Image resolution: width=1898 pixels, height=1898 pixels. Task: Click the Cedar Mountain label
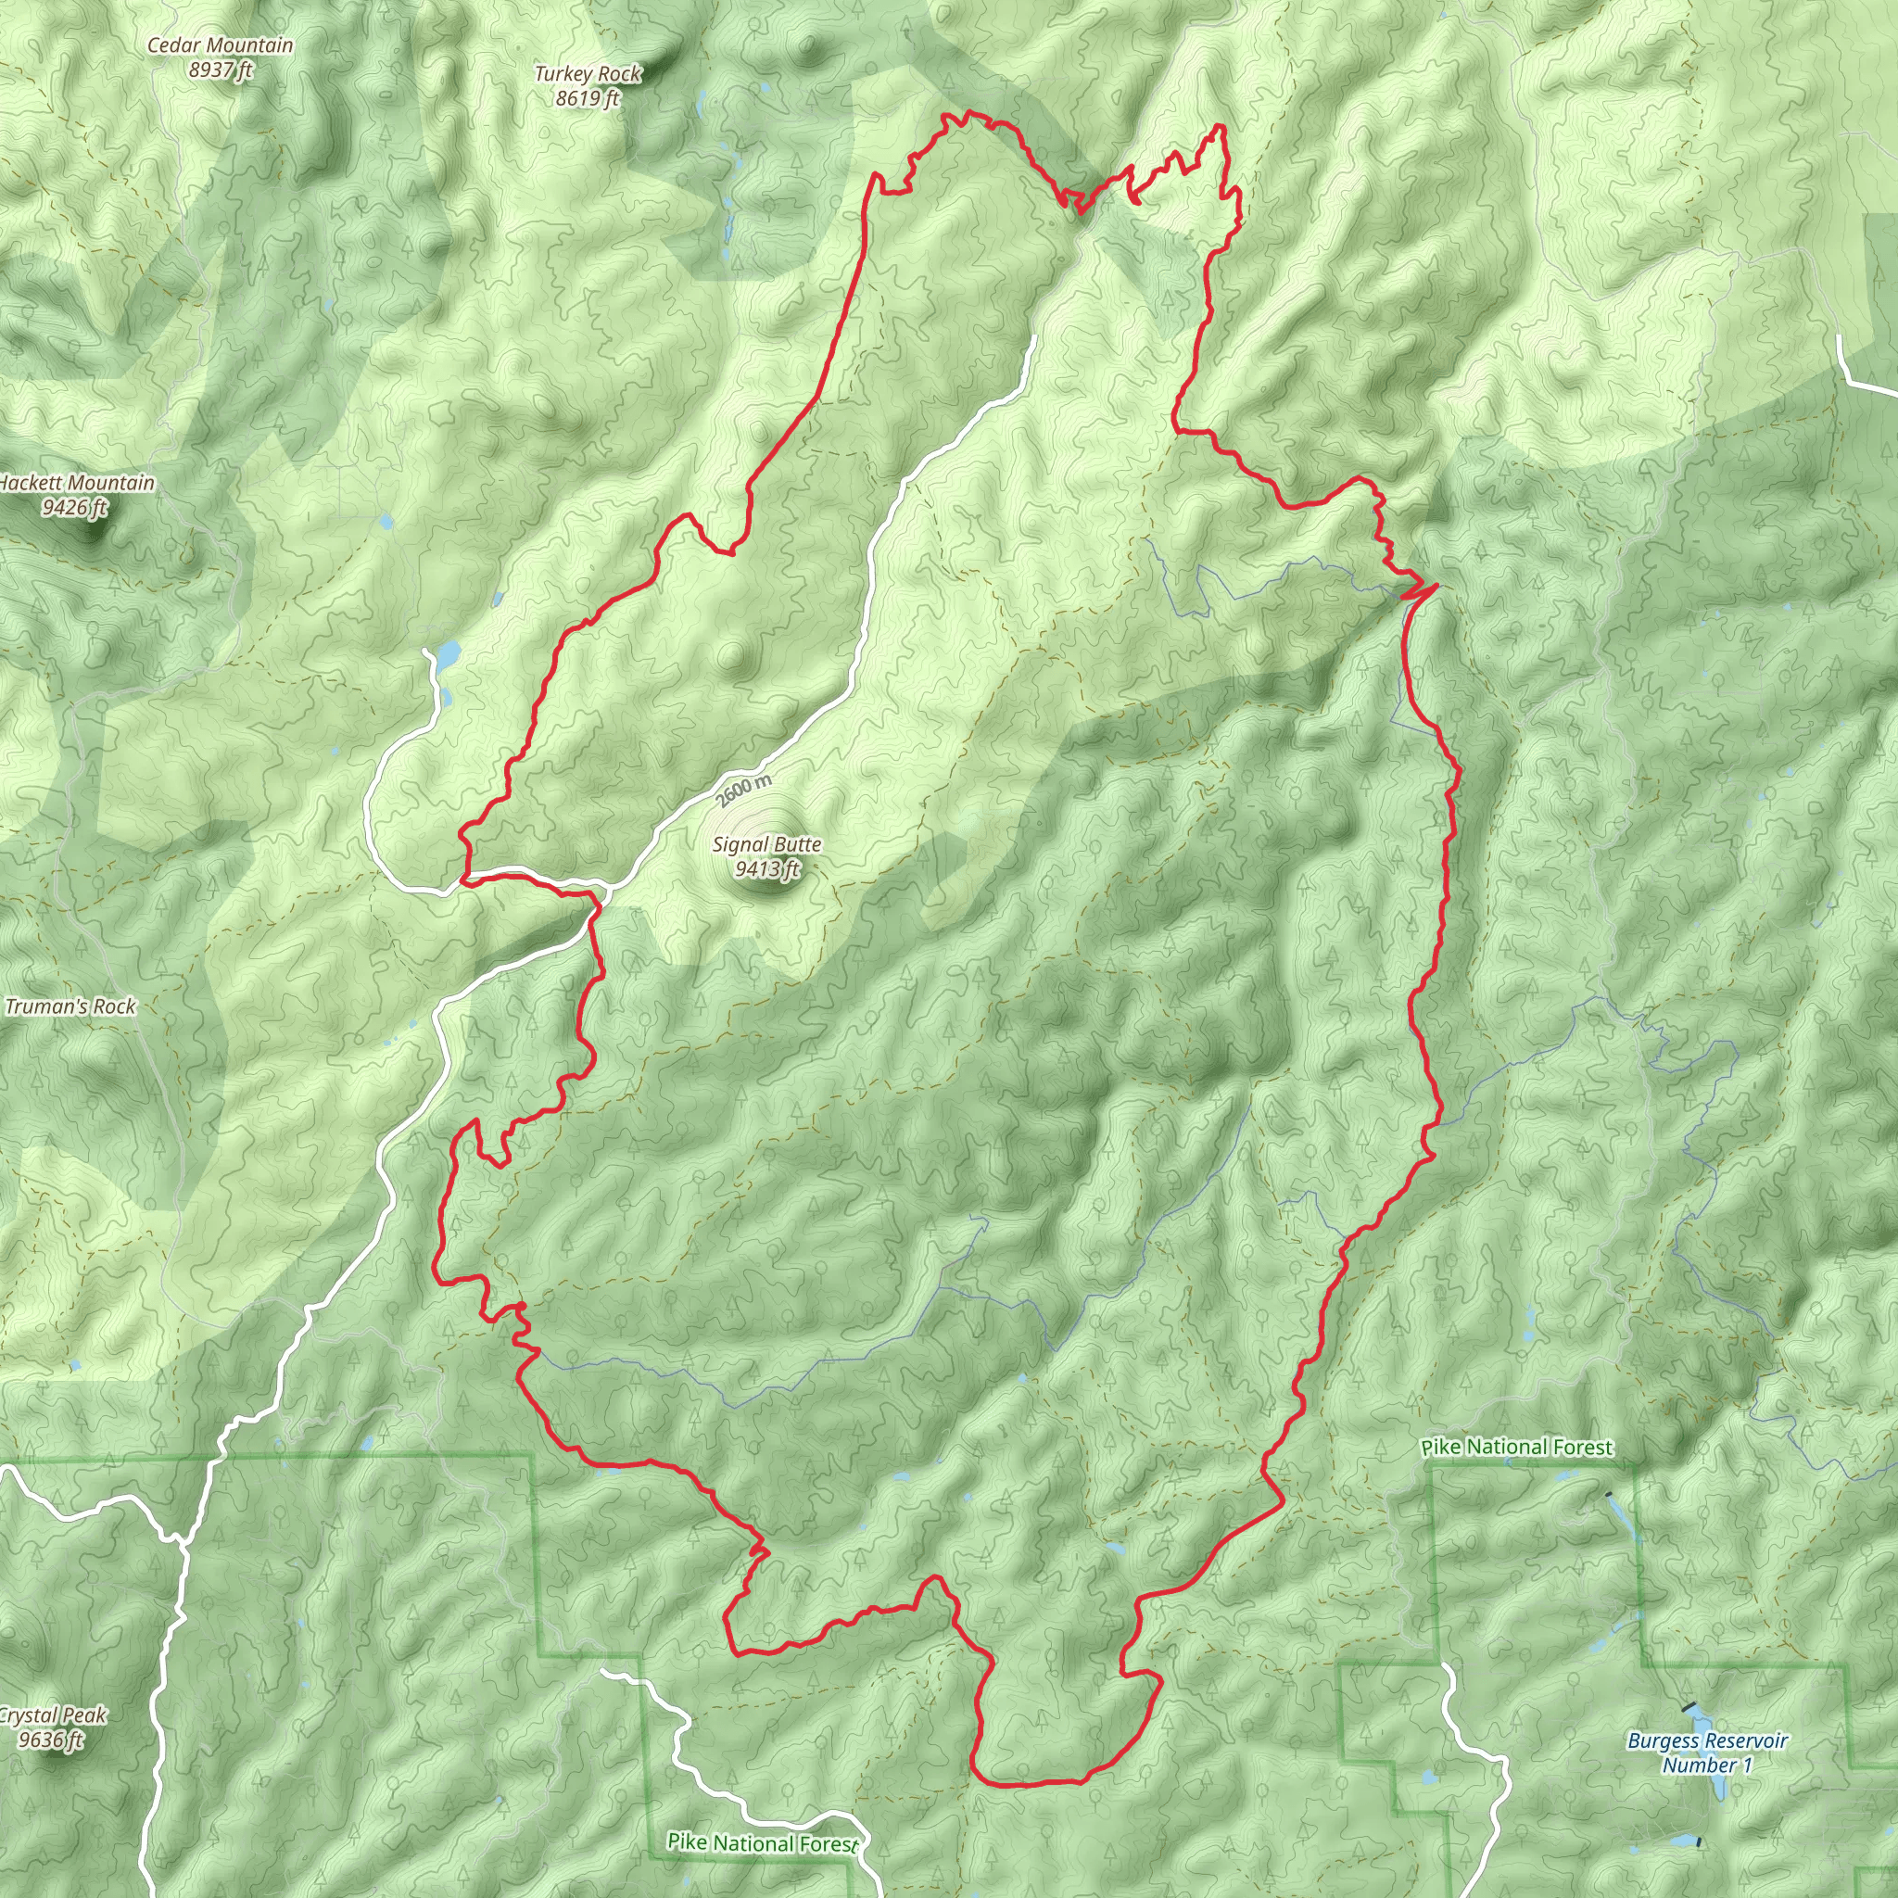(220, 45)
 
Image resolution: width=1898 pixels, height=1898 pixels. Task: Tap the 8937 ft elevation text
(220, 70)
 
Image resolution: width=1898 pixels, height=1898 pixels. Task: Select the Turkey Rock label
(588, 74)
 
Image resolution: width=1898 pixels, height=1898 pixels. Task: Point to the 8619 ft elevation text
(588, 98)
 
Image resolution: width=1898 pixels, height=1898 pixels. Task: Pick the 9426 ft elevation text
(75, 508)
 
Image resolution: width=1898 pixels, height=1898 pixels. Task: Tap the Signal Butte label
(766, 845)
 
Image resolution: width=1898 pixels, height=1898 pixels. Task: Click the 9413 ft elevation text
(767, 869)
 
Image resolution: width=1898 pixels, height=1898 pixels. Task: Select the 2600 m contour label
(743, 790)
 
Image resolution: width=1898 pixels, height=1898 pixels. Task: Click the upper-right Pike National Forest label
(1517, 1447)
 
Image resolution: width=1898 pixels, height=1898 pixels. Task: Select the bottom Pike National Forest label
(763, 1843)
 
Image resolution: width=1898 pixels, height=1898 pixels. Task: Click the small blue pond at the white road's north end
(448, 652)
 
